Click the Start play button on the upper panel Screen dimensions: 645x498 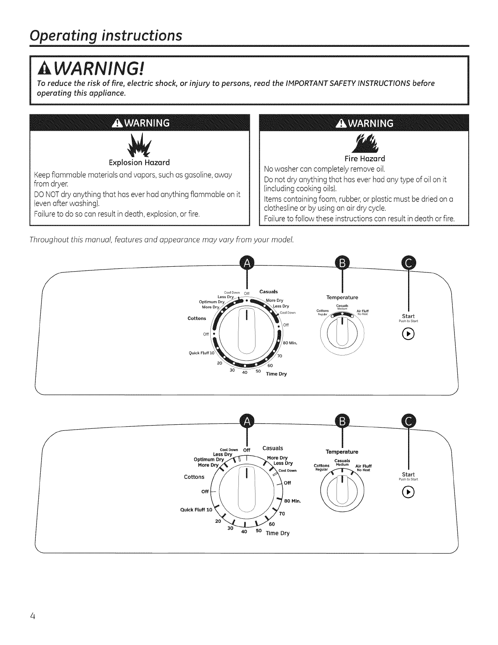point(408,336)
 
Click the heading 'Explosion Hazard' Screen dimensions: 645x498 point(139,162)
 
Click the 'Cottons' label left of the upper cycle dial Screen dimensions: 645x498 point(197,318)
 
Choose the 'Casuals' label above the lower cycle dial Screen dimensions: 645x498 point(273,448)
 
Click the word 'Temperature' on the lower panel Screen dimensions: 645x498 point(342,452)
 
